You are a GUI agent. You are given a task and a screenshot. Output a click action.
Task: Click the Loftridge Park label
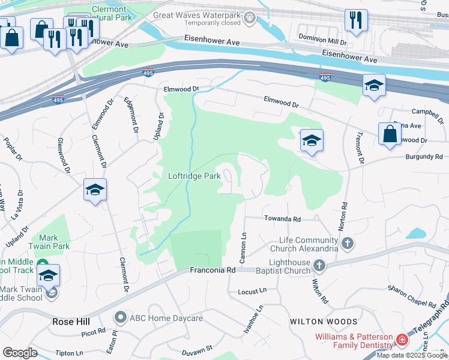click(194, 176)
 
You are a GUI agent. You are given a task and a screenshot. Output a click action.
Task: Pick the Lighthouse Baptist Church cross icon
click(319, 265)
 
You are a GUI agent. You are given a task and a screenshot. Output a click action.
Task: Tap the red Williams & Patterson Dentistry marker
click(402, 341)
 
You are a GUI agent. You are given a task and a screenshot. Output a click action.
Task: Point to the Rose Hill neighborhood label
click(71, 322)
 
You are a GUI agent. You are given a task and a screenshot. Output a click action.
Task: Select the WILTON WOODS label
click(324, 322)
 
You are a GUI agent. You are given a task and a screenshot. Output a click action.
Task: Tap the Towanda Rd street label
click(282, 220)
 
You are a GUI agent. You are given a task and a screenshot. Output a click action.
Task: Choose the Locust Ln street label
click(252, 291)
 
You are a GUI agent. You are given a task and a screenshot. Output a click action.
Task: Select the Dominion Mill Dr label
click(323, 43)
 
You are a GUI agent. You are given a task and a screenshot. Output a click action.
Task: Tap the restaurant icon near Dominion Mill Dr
click(356, 21)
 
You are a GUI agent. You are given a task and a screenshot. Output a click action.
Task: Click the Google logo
click(20, 352)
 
